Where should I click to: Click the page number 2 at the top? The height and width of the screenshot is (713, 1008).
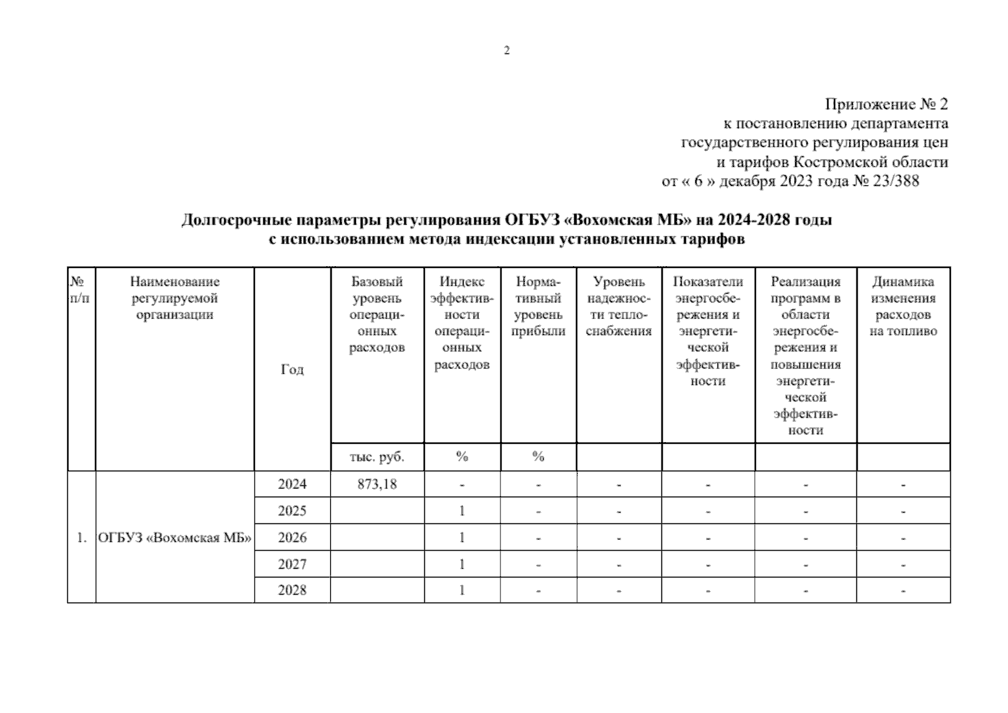click(506, 51)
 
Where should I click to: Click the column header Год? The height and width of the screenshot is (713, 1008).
click(292, 370)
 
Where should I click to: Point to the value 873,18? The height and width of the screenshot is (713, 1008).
click(377, 484)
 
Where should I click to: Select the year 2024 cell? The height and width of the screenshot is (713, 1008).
click(292, 484)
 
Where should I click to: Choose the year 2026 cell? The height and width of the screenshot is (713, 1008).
click(292, 538)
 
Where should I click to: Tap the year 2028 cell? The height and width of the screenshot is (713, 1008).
click(292, 590)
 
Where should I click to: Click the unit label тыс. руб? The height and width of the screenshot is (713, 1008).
click(377, 457)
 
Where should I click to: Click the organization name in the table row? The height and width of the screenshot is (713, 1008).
click(175, 538)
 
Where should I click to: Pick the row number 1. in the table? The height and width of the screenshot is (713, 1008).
click(81, 538)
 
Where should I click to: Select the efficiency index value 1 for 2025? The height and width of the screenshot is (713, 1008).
click(462, 511)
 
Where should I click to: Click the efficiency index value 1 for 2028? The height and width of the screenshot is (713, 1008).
click(462, 590)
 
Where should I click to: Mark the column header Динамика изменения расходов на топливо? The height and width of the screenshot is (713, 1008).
click(903, 307)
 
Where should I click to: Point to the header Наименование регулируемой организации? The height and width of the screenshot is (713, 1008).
click(175, 298)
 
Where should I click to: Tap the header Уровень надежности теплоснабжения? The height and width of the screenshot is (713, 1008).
click(619, 307)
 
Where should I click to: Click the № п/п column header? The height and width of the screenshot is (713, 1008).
click(81, 290)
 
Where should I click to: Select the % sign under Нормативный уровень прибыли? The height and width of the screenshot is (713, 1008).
click(538, 457)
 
